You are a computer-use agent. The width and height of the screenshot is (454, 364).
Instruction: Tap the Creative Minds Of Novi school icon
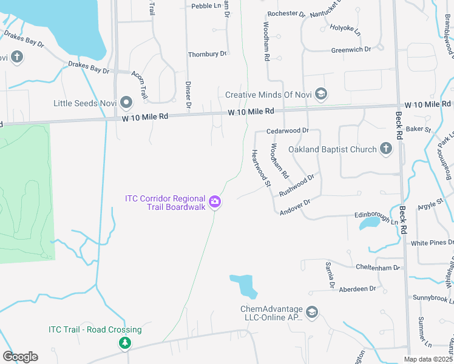(321, 94)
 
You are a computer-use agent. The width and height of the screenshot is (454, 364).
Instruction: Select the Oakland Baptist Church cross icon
(386, 149)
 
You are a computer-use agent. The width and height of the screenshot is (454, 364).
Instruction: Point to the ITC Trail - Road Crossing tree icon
(124, 343)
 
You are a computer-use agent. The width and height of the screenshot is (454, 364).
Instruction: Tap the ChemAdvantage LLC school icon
(312, 312)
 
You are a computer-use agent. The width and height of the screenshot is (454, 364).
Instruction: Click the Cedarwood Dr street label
(288, 130)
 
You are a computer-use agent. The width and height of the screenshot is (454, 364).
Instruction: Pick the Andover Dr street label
(295, 206)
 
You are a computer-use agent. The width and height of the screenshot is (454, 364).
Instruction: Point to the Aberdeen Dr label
(357, 289)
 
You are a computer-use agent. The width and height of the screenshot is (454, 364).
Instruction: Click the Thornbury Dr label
(207, 54)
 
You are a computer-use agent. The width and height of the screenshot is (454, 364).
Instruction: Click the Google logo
(20, 357)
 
